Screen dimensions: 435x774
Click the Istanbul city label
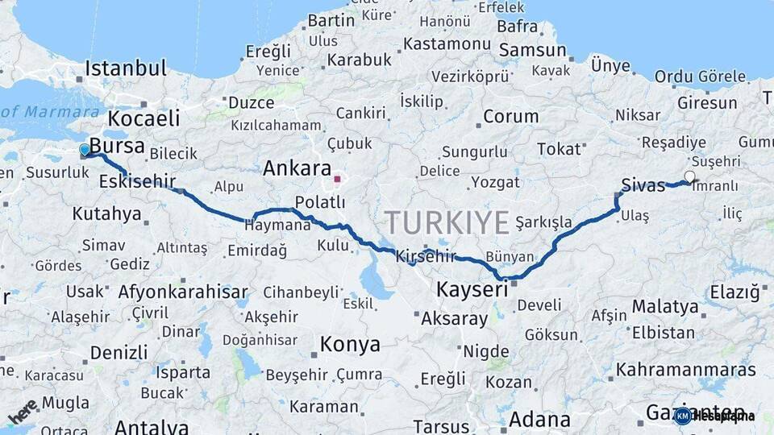coord(126,68)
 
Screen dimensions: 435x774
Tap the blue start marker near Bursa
coord(85,150)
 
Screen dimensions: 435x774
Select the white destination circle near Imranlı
coord(689,176)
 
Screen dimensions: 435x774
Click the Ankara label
coord(298,169)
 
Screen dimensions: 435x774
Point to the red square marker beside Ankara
coord(338,179)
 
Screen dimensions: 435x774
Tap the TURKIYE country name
coord(447,222)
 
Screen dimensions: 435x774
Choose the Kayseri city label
coord(472,289)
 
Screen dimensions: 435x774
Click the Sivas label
coord(644,185)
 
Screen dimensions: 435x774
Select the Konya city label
coord(350,345)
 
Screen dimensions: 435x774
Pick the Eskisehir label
coord(137,182)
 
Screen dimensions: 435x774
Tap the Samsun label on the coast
coord(533,50)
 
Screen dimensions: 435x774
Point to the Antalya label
coord(152,425)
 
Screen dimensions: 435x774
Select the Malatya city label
coord(665,306)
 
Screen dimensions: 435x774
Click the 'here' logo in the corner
coord(23,412)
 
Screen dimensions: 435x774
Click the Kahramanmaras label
coord(686,370)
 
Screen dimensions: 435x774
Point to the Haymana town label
coord(277,226)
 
